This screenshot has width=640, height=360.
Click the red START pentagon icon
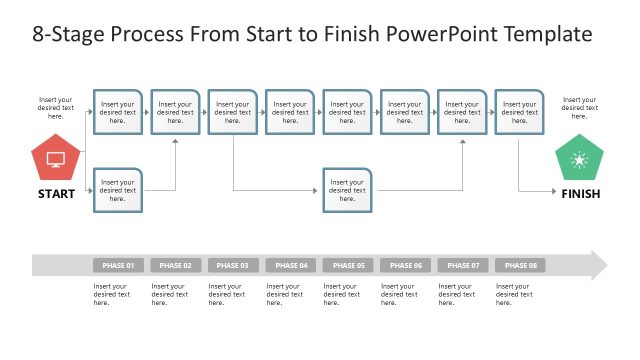pyautogui.click(x=56, y=159)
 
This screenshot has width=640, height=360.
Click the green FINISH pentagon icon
pyautogui.click(x=579, y=159)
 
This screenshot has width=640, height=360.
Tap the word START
pyautogui.click(x=56, y=194)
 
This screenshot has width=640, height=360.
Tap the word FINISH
pyautogui.click(x=580, y=194)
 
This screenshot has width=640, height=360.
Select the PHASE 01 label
pyautogui.click(x=118, y=265)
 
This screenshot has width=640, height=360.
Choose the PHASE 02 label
pyautogui.click(x=175, y=265)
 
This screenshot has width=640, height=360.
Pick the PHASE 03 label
pyautogui.click(x=233, y=265)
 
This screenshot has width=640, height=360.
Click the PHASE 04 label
pyautogui.click(x=290, y=265)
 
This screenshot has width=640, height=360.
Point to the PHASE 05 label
pyautogui.click(x=348, y=265)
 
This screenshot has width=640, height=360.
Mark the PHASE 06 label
pyautogui.click(x=405, y=265)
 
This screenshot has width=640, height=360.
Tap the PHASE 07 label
pyautogui.click(x=462, y=265)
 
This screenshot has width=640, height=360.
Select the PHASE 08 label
pyautogui.click(x=520, y=265)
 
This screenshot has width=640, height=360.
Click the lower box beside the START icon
pyautogui.click(x=118, y=190)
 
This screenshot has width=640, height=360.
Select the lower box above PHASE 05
pyautogui.click(x=347, y=190)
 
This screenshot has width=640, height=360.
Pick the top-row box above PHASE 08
pyautogui.click(x=519, y=112)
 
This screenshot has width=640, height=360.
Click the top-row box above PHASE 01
pyautogui.click(x=118, y=112)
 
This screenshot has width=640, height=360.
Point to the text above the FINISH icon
pyautogui.click(x=579, y=108)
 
